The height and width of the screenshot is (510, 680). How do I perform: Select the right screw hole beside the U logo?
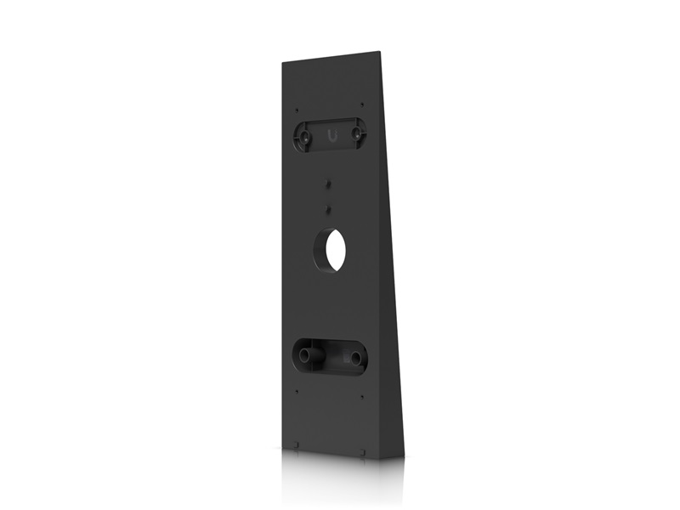click(x=359, y=133)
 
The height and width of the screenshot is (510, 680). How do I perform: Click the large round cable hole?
click(x=331, y=247)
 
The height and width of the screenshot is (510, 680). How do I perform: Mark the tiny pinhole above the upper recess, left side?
click(x=296, y=108)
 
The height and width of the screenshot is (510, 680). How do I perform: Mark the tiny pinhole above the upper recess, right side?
click(x=363, y=105)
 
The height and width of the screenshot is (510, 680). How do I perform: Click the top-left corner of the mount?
click(x=282, y=62)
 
